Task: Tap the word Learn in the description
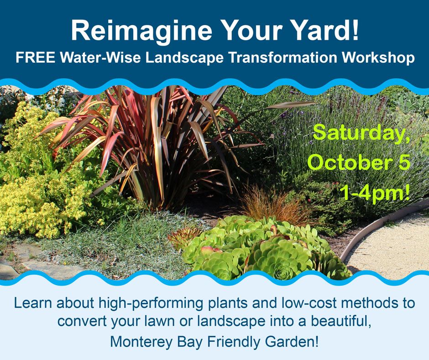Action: [x=31, y=303]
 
